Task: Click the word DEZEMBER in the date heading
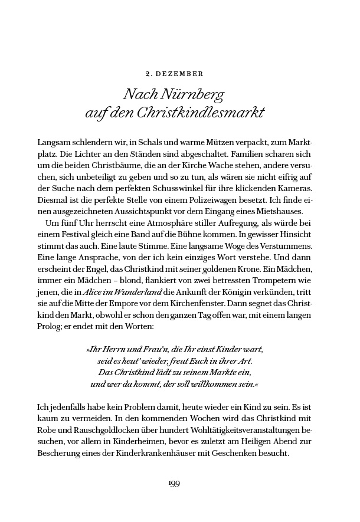[184, 74]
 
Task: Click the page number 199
[174, 483]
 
